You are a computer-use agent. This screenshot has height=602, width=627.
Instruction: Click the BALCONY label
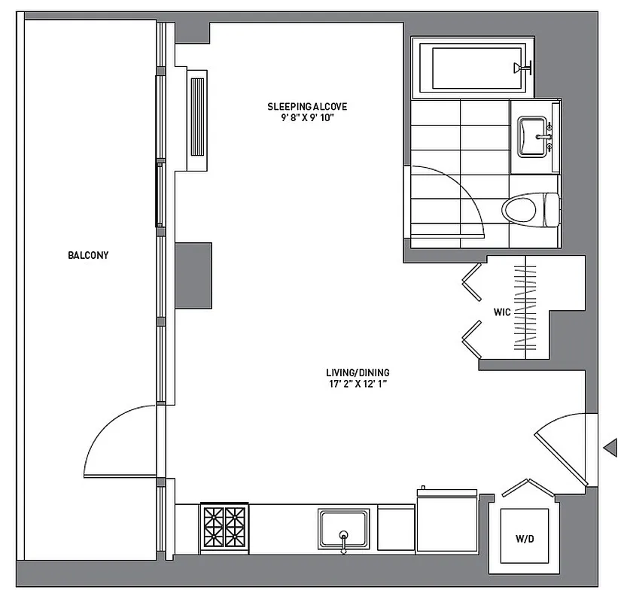tap(88, 255)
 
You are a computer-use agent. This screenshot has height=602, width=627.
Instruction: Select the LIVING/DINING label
tap(358, 372)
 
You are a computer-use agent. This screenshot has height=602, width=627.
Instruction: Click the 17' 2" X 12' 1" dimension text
tap(358, 385)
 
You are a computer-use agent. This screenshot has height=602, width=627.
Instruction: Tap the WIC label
tap(502, 311)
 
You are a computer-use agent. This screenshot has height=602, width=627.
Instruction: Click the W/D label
tap(525, 539)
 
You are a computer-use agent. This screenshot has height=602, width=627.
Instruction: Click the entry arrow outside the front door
tap(610, 448)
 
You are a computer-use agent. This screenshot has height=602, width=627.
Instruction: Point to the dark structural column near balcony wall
tap(193, 275)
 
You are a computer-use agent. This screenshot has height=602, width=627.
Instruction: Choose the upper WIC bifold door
tap(473, 280)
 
